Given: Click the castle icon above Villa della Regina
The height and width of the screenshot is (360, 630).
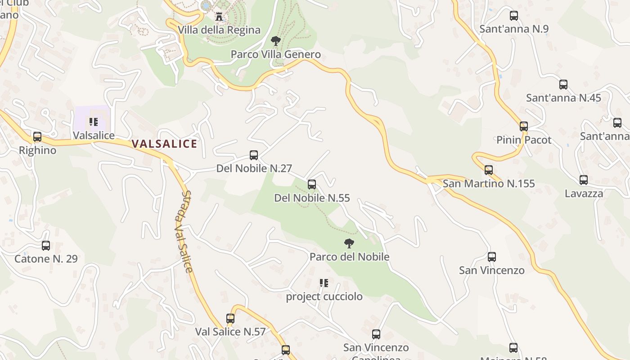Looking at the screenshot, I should click(x=219, y=17).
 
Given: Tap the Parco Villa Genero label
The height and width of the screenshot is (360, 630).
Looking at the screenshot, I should click(x=275, y=54).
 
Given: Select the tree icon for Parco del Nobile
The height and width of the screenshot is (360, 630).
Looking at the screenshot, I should click(x=349, y=243).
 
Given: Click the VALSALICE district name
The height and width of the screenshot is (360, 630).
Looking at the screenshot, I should click(x=164, y=144).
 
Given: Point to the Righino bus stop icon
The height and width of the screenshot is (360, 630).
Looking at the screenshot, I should click(x=37, y=137).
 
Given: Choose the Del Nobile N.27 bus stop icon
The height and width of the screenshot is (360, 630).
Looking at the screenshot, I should click(x=254, y=155).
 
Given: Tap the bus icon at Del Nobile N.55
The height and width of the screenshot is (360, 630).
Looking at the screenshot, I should click(x=311, y=184).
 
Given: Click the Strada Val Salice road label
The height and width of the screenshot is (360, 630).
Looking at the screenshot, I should click(x=184, y=231).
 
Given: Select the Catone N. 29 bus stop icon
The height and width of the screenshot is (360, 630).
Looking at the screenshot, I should click(x=46, y=246).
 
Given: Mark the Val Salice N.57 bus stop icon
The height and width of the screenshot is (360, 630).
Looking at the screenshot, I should click(x=230, y=319).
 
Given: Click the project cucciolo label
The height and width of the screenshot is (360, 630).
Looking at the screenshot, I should click(x=324, y=297).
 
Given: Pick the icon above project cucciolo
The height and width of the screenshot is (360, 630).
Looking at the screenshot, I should click(x=324, y=283).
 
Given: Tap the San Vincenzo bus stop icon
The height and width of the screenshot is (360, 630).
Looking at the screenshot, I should click(x=492, y=257).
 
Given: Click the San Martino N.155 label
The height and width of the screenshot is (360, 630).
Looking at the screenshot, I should click(x=489, y=184).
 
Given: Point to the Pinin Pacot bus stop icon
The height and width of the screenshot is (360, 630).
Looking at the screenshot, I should click(x=524, y=126).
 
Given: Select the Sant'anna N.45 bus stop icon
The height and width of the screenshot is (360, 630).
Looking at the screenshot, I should click(x=563, y=85).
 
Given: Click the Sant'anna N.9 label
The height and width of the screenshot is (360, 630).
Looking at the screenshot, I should click(x=514, y=29).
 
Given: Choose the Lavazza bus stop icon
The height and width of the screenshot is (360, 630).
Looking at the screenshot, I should click(x=584, y=180).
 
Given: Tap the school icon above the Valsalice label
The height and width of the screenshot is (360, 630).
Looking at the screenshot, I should click(x=94, y=122).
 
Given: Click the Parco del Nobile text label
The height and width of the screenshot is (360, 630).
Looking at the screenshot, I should click(x=349, y=257).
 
